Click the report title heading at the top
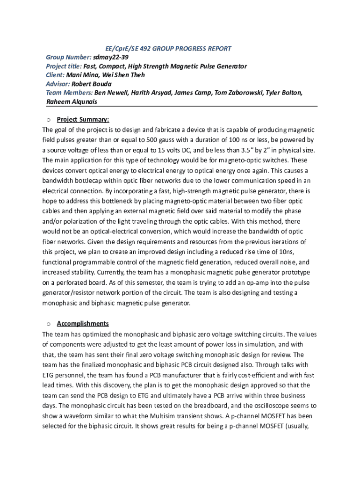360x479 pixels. coord(167,49)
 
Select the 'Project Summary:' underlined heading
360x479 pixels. coord(83,119)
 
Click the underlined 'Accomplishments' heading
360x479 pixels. coord(83,323)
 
